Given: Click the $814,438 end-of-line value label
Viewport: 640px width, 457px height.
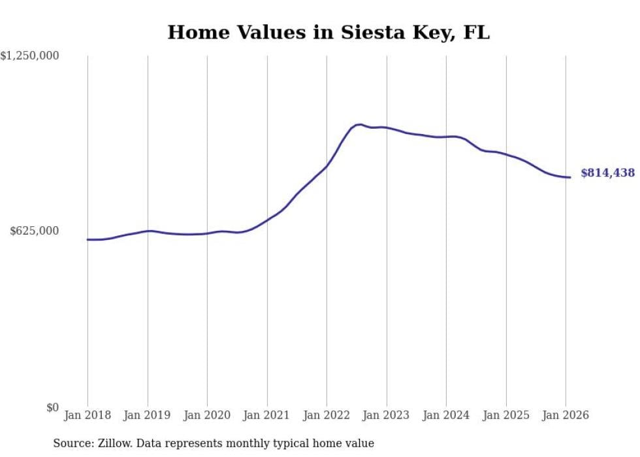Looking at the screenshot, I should click(607, 173).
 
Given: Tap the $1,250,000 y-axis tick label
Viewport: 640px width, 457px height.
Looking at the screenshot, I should click(29, 56).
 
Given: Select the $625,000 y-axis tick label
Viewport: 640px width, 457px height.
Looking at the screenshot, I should click(35, 231).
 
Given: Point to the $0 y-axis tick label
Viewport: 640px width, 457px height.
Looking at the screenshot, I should click(52, 407).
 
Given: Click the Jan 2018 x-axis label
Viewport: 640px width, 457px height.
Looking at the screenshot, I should click(88, 415).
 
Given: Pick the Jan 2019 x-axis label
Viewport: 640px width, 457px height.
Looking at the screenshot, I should click(148, 415).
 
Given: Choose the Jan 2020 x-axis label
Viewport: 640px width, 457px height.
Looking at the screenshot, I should click(207, 415).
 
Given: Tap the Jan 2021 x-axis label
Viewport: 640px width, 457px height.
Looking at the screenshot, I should click(267, 415).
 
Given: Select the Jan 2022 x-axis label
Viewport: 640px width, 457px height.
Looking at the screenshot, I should click(327, 415).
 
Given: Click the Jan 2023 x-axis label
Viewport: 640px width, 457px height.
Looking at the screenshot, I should click(387, 415).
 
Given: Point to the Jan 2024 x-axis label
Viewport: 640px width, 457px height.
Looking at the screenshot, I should click(446, 415).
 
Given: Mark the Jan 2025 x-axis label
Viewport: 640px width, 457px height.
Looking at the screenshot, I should click(506, 415).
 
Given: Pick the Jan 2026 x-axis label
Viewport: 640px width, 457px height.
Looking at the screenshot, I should click(566, 415).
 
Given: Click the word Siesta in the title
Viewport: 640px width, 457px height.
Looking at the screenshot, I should click(370, 32).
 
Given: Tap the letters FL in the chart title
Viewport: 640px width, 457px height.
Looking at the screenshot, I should click(476, 32).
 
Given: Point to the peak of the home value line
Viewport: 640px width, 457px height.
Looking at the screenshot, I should click(359, 124).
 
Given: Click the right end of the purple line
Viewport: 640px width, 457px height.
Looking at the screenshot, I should click(570, 177).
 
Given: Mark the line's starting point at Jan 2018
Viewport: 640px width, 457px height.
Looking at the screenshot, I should click(88, 239).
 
